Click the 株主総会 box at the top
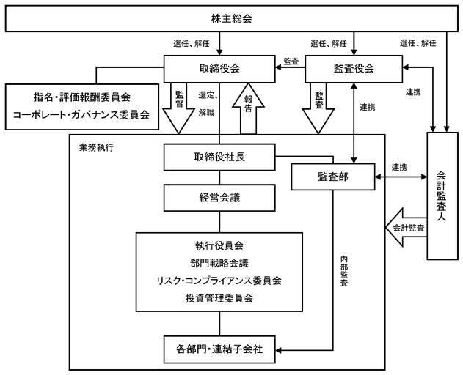pos(232,18)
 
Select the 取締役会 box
pos(219,69)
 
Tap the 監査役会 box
pos(354,69)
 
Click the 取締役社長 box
pos(219,157)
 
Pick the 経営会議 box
pos(219,198)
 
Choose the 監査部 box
pos(333,177)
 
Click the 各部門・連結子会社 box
pos(219,349)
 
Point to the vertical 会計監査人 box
pos(442,196)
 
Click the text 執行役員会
pos(219,245)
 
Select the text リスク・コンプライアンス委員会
pos(219,281)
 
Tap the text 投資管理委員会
pos(219,298)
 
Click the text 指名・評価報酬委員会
pos(82,97)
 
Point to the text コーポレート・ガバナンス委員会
pos(81,114)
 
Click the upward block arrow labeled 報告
pos(248,109)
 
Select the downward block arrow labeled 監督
pos(178,108)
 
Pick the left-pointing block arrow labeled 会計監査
pos(406,227)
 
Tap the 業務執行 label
pos(96,147)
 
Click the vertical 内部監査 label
pos(344,271)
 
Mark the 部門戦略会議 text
pos(219,263)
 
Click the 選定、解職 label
pos(208,104)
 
